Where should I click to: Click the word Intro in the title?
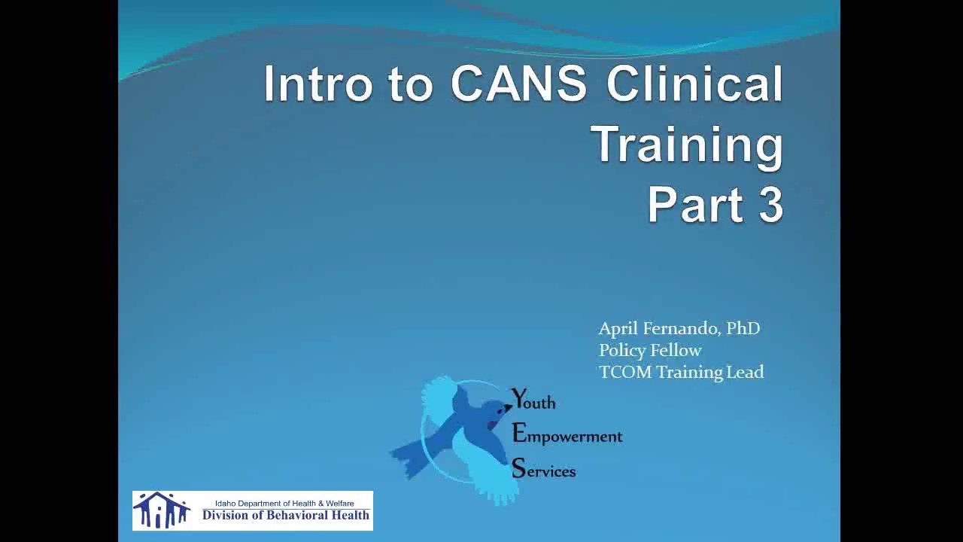pyautogui.click(x=318, y=84)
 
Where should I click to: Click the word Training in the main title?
pyautogui.click(x=686, y=144)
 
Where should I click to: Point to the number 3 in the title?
pyautogui.click(x=770, y=204)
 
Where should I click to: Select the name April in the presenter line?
pyautogui.click(x=618, y=329)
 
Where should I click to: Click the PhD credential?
pyautogui.click(x=743, y=329)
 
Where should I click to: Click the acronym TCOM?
pyautogui.click(x=624, y=372)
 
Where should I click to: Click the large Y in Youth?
pyautogui.click(x=519, y=399)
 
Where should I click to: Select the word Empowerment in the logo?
pyautogui.click(x=567, y=436)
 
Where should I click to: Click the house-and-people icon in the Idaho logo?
pyautogui.click(x=161, y=510)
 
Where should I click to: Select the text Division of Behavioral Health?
pyautogui.click(x=285, y=516)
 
